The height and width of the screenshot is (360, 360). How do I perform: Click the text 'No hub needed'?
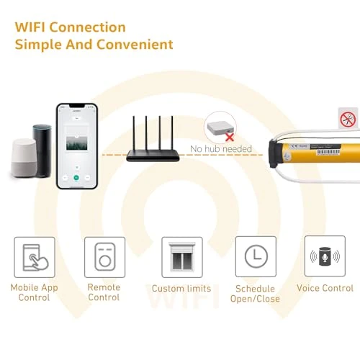tap(221, 149)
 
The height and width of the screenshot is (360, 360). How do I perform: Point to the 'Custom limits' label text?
tap(182, 289)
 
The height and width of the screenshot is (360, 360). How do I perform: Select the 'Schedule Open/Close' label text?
tap(255, 293)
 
